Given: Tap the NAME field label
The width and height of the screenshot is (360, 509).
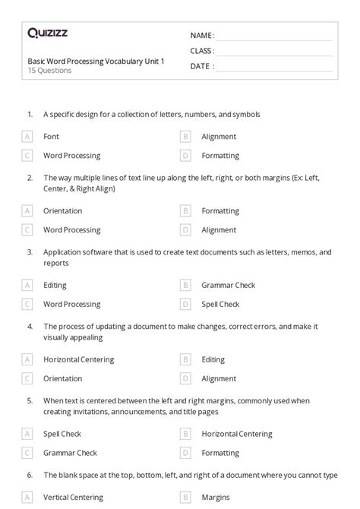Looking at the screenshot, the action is click(x=202, y=36).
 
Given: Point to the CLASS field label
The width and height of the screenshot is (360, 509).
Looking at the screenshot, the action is click(x=202, y=51).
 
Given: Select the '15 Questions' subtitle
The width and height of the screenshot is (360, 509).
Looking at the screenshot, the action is click(x=49, y=71).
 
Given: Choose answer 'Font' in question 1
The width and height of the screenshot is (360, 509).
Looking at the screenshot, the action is click(x=51, y=137).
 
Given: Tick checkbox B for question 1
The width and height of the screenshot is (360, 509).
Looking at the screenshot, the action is click(x=185, y=137).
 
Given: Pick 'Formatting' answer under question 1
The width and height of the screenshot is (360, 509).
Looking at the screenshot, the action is click(x=220, y=156).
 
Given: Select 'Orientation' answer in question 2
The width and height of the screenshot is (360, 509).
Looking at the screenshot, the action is click(x=63, y=211).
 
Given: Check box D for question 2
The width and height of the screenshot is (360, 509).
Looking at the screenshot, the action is click(x=185, y=229).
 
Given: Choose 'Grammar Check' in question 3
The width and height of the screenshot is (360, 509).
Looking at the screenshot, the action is click(x=228, y=286).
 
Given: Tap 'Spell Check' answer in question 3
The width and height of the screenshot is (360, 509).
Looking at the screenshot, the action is click(x=220, y=304).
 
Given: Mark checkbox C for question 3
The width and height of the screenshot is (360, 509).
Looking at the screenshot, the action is click(x=27, y=304).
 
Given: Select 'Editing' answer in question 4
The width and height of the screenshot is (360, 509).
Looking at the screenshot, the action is click(x=213, y=359).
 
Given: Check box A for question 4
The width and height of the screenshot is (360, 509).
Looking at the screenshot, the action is click(x=27, y=359).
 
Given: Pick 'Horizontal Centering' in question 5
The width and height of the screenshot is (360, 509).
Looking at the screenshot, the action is click(x=237, y=434).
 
